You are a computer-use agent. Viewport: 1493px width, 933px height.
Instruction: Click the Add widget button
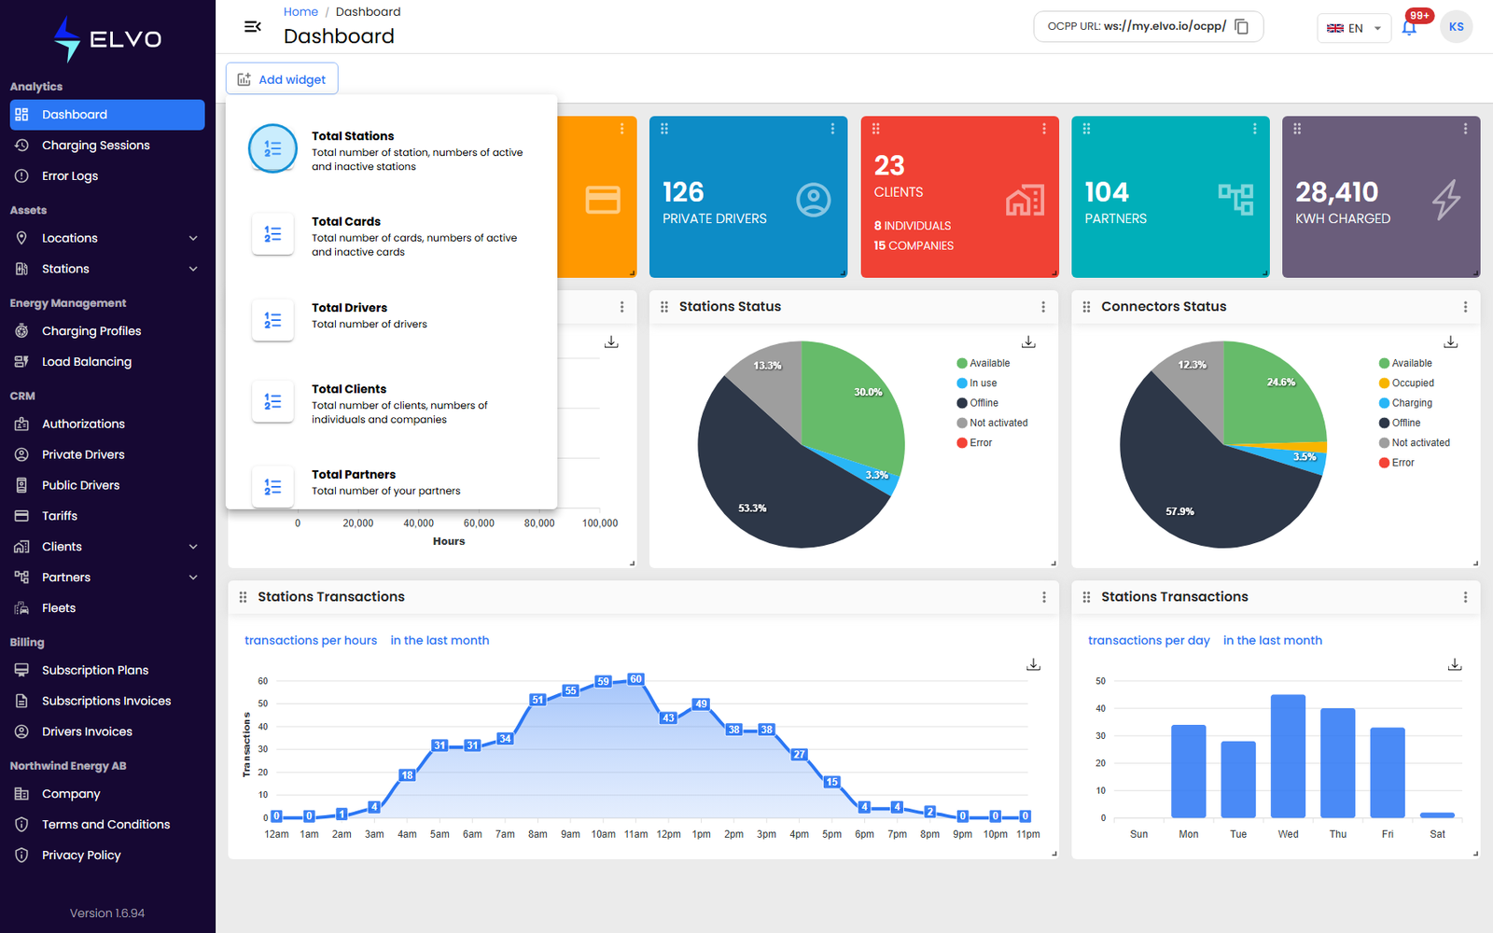[x=282, y=79]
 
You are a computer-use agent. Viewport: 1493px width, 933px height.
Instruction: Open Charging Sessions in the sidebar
[x=95, y=146]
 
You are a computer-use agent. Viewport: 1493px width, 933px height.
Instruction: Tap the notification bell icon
[x=1408, y=28]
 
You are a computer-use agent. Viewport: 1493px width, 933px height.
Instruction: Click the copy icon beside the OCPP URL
[x=1241, y=27]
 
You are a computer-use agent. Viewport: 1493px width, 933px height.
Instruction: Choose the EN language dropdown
[x=1354, y=28]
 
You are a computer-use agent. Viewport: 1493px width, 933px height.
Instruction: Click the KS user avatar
[x=1456, y=27]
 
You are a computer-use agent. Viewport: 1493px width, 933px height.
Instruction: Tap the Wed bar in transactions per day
[x=1288, y=756]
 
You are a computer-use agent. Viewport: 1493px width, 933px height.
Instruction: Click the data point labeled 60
[x=635, y=679]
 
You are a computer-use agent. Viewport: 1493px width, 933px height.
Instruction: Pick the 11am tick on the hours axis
[x=635, y=834]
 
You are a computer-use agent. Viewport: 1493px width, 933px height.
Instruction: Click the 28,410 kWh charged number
[x=1336, y=192]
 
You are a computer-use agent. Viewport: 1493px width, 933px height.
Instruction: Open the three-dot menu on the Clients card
[x=1044, y=129]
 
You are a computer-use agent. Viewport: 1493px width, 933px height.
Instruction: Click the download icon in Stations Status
[x=1028, y=341]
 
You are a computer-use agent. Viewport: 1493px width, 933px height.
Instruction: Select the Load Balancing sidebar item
[x=87, y=362]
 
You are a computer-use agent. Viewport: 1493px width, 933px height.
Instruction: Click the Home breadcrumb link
[x=300, y=11]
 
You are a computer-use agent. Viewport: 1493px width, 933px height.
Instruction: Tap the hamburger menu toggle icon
[x=253, y=27]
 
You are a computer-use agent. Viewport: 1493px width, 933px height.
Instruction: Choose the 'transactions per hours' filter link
[x=311, y=640]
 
